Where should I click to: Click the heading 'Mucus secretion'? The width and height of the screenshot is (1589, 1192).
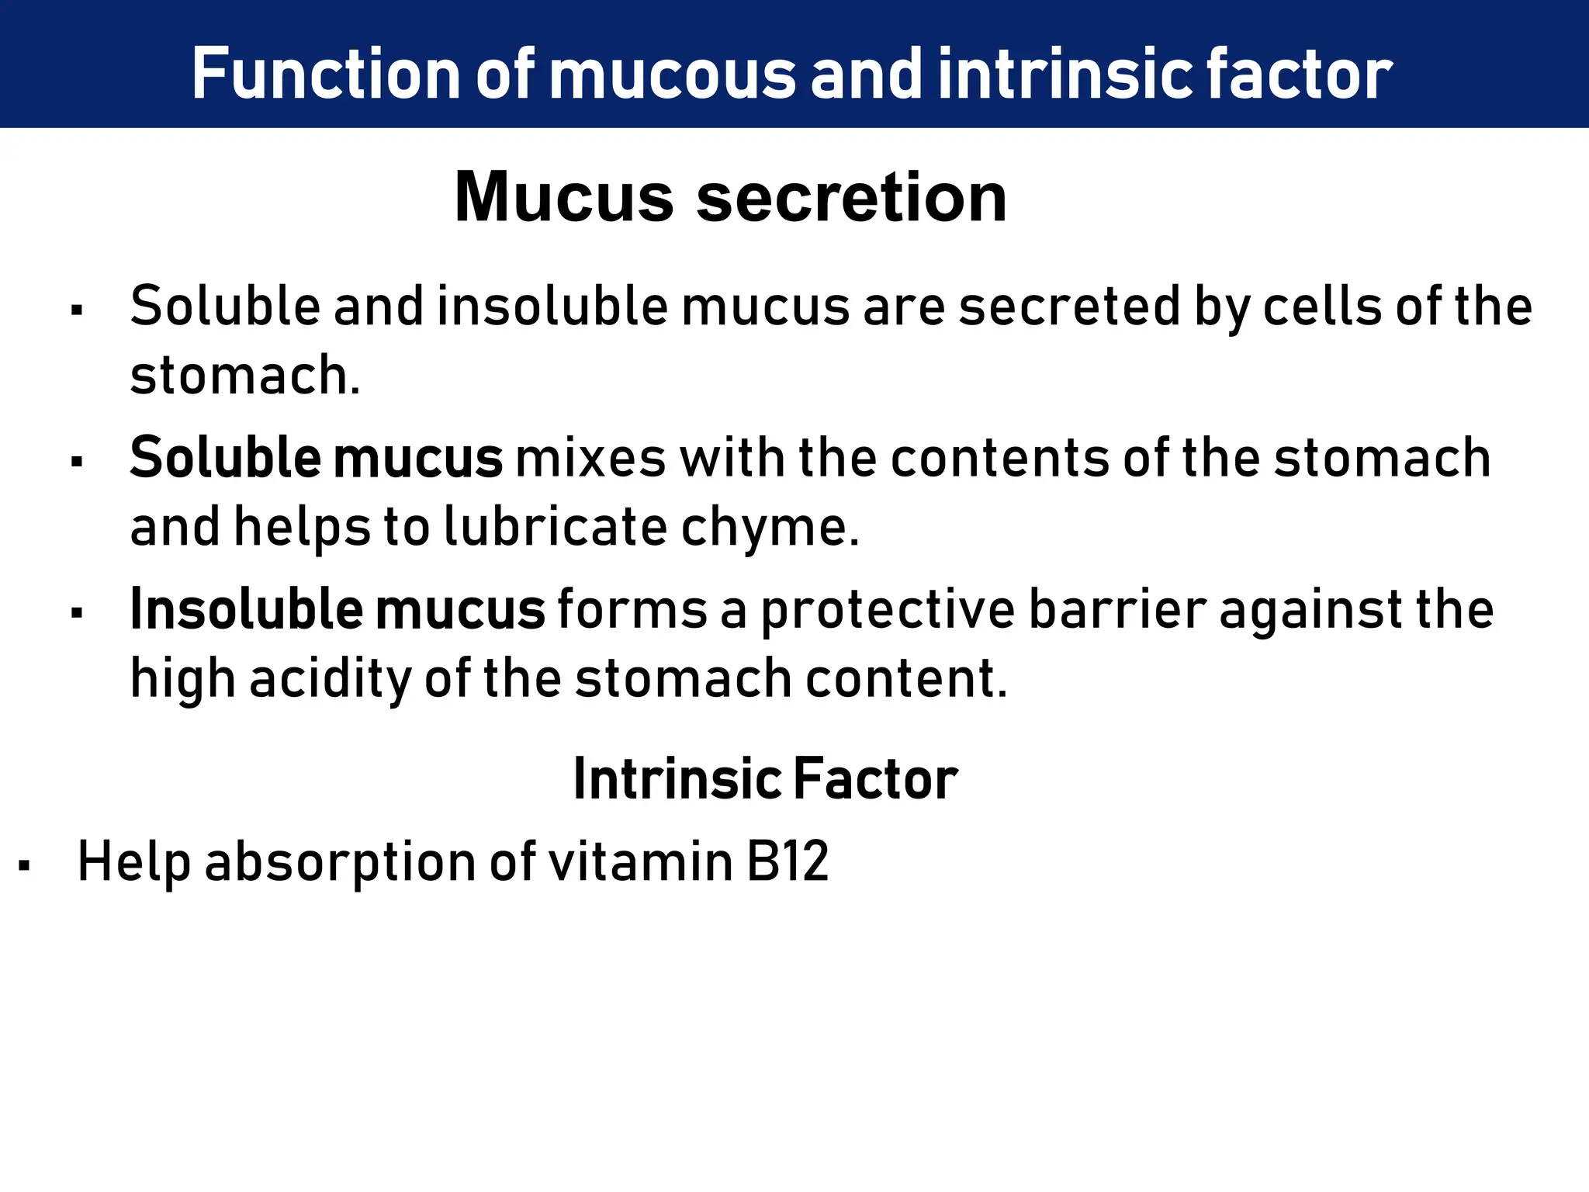pyautogui.click(x=730, y=197)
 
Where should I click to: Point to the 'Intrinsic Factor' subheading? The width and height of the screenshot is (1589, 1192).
pyautogui.click(x=765, y=778)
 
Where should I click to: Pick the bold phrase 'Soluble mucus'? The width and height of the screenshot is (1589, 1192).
pyautogui.click(x=316, y=458)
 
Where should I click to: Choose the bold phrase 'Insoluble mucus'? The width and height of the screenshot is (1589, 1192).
pyautogui.click(x=338, y=609)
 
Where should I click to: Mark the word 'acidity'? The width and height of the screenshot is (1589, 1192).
pyautogui.click(x=331, y=679)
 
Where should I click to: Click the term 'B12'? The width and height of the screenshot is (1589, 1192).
pyautogui.click(x=788, y=861)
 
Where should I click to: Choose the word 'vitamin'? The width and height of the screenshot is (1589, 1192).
pyautogui.click(x=640, y=861)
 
